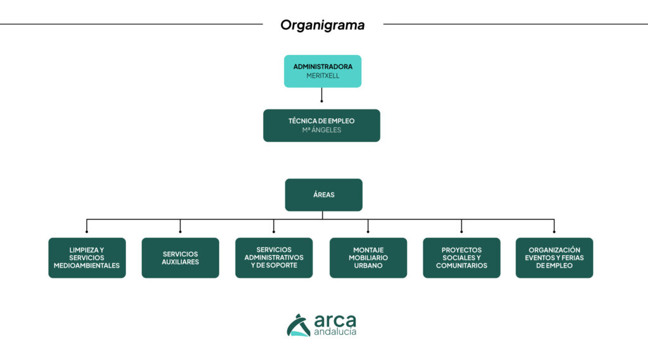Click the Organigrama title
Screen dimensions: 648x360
pos(322,25)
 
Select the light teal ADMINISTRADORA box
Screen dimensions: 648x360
pos(322,71)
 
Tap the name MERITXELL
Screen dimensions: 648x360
pos(322,76)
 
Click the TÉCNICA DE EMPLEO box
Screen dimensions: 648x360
pos(321,125)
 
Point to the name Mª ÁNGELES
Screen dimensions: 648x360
pos(321,130)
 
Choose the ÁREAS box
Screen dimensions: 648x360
pos(323,195)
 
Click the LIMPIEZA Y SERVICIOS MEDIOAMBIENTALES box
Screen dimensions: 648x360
pos(87,258)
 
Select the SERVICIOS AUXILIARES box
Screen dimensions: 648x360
pos(180,258)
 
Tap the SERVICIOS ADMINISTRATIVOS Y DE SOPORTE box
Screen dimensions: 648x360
pos(274,258)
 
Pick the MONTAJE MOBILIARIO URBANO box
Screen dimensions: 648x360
pos(368,258)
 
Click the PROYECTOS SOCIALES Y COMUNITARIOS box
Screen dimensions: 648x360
pos(461,258)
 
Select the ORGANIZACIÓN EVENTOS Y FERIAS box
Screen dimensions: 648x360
pos(554,258)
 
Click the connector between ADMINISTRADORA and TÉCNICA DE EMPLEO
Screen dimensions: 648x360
pos(321,95)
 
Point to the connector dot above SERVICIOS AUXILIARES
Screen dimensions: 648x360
pos(180,232)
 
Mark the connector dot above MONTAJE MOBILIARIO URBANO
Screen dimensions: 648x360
pos(368,232)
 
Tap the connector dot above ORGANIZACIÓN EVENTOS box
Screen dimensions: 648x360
pos(554,232)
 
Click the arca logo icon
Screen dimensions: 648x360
pos(299,326)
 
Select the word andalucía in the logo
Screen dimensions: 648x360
pos(335,332)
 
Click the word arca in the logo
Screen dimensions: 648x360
pos(335,321)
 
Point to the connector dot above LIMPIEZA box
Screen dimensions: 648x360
pos(87,232)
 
